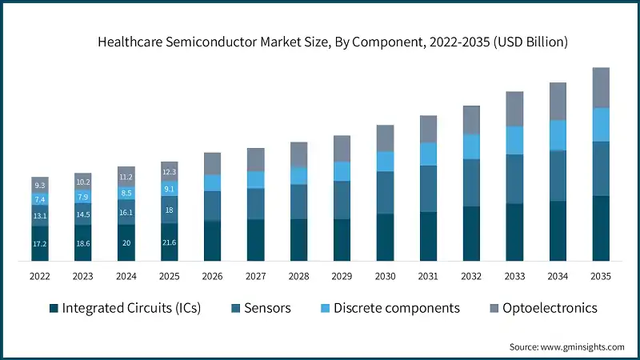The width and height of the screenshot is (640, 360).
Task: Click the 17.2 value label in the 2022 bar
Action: pyautogui.click(x=40, y=242)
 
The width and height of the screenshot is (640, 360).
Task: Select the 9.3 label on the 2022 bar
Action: pyautogui.click(x=40, y=185)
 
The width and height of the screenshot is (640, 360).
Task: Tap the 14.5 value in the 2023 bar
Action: pyautogui.click(x=83, y=214)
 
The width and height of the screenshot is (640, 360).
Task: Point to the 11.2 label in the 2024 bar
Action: pyautogui.click(x=126, y=177)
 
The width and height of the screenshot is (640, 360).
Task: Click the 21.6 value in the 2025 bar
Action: pyautogui.click(x=170, y=242)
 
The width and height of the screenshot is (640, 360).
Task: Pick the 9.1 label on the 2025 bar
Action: pyautogui.click(x=170, y=190)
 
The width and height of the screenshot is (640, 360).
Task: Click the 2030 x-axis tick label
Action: pyautogui.click(x=385, y=276)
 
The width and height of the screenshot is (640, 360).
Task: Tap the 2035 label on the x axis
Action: pyautogui.click(x=601, y=276)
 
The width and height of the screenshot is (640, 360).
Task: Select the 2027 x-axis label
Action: pyautogui.click(x=256, y=276)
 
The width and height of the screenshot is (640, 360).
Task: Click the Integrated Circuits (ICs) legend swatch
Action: pyautogui.click(x=53, y=308)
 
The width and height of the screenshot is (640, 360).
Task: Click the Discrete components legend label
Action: pyautogui.click(x=397, y=308)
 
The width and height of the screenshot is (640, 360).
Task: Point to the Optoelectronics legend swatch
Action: pyautogui.click(x=493, y=308)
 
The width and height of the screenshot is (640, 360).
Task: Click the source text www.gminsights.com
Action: pyautogui.click(x=566, y=346)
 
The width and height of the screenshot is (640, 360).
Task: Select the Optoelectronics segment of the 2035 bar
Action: pyautogui.click(x=601, y=87)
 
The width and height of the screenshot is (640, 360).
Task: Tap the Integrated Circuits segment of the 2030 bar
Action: pyautogui.click(x=385, y=237)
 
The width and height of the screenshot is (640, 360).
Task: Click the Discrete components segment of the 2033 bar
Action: pyautogui.click(x=514, y=140)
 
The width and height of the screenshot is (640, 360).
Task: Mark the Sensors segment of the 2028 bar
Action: pyautogui.click(x=299, y=202)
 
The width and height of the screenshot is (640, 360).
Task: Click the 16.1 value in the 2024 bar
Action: pyautogui.click(x=126, y=213)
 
